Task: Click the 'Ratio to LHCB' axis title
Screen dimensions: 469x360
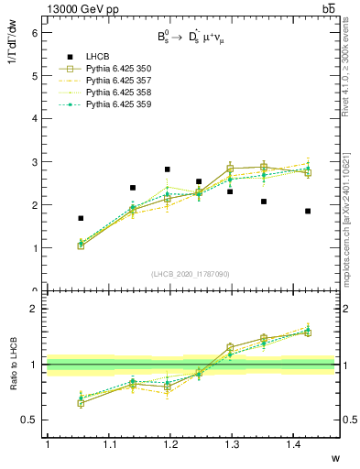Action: (13, 364)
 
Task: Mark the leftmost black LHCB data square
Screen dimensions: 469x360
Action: (81, 218)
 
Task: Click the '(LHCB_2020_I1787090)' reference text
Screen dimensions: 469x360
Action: (190, 274)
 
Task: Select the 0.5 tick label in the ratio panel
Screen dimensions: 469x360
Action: (30, 420)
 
